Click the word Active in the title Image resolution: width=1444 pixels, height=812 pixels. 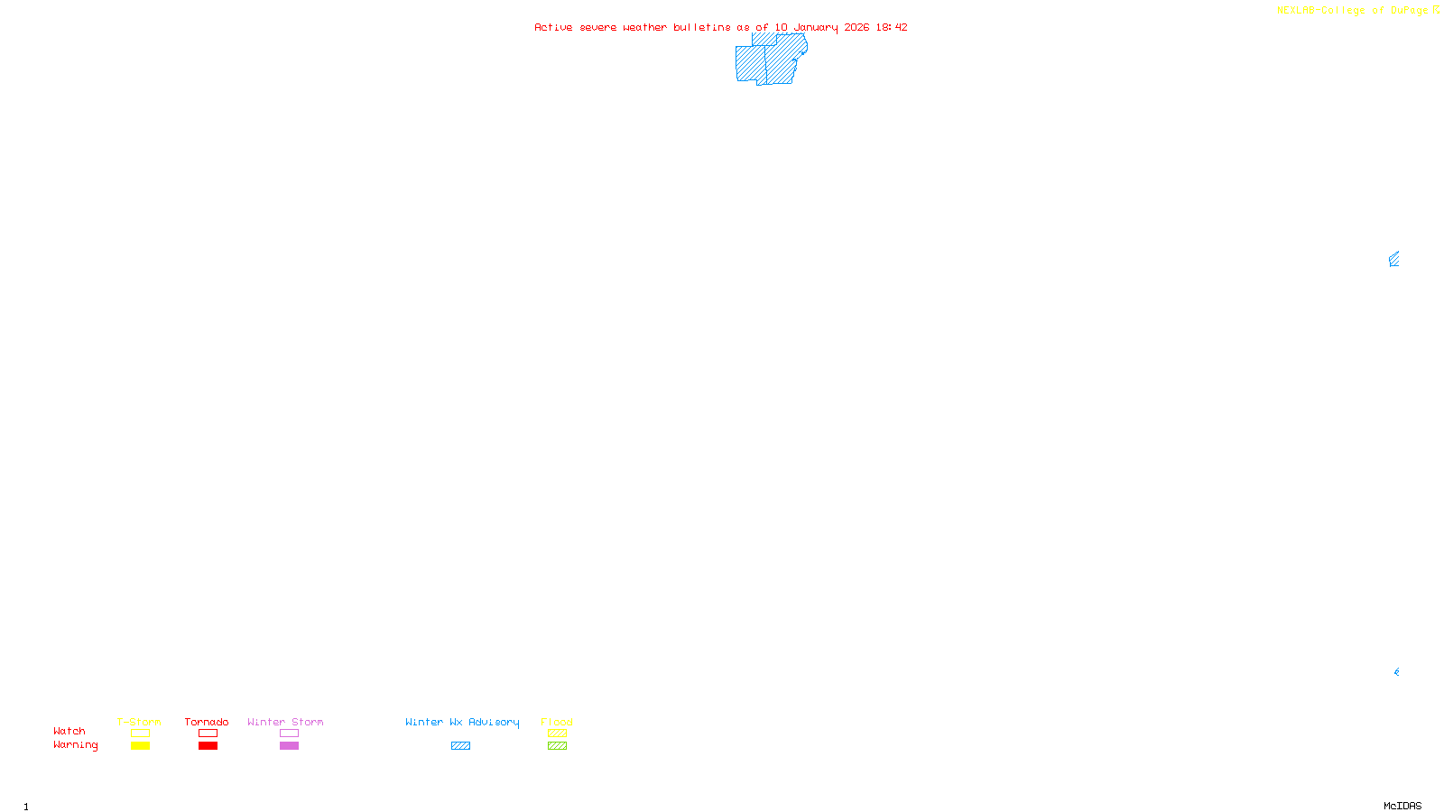(x=553, y=27)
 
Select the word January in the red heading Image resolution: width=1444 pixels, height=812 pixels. (x=816, y=27)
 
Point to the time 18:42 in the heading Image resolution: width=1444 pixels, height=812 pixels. (x=892, y=27)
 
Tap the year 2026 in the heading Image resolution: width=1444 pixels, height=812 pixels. (x=856, y=27)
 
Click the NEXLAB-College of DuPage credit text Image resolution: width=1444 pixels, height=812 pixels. (x=1353, y=11)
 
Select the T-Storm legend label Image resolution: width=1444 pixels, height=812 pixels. (x=139, y=722)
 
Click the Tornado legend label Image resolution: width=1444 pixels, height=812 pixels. (x=207, y=722)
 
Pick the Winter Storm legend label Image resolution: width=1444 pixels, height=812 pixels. (x=285, y=722)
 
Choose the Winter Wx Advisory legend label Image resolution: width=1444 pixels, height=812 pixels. (x=462, y=722)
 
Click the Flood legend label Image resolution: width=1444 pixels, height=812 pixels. (x=557, y=722)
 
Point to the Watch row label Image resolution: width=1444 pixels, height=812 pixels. (x=69, y=732)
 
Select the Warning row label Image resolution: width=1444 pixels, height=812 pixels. (x=75, y=745)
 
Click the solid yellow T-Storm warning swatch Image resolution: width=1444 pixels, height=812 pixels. (x=140, y=746)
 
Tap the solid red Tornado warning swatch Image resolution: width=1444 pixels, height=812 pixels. (x=208, y=746)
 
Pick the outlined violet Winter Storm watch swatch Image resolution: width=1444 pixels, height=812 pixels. (x=289, y=734)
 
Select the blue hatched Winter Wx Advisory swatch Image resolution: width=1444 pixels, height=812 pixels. (x=460, y=746)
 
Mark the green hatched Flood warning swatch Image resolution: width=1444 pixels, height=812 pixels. (x=557, y=746)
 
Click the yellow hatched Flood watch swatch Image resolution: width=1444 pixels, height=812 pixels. (x=557, y=734)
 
